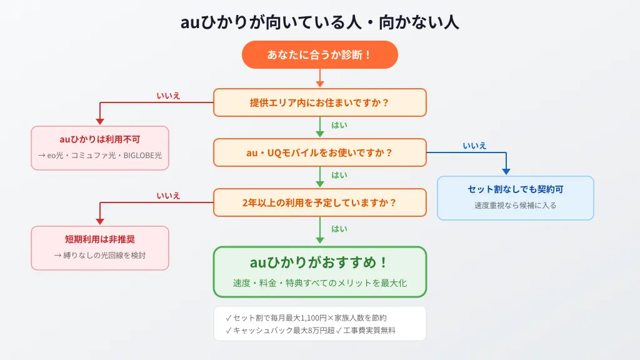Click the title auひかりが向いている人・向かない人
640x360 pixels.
click(319, 22)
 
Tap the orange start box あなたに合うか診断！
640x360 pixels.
click(319, 55)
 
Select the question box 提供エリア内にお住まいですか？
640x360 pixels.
click(319, 102)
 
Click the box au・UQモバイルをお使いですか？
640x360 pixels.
click(319, 152)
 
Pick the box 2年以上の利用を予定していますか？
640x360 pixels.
click(319, 202)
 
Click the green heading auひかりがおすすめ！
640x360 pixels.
click(319, 262)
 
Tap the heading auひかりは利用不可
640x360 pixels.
click(100, 139)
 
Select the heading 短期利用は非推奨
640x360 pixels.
click(100, 239)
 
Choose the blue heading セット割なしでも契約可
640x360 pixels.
click(516, 189)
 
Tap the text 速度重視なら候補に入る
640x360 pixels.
click(516, 205)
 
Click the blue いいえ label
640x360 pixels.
click(475, 146)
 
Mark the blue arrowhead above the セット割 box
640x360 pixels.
click(506, 171)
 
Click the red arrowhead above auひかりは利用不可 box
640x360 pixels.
click(100, 121)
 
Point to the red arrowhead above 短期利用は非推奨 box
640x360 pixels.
click(100, 221)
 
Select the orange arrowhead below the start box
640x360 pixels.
click(320, 84)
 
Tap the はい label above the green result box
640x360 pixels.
click(339, 229)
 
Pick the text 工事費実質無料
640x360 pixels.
click(369, 331)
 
